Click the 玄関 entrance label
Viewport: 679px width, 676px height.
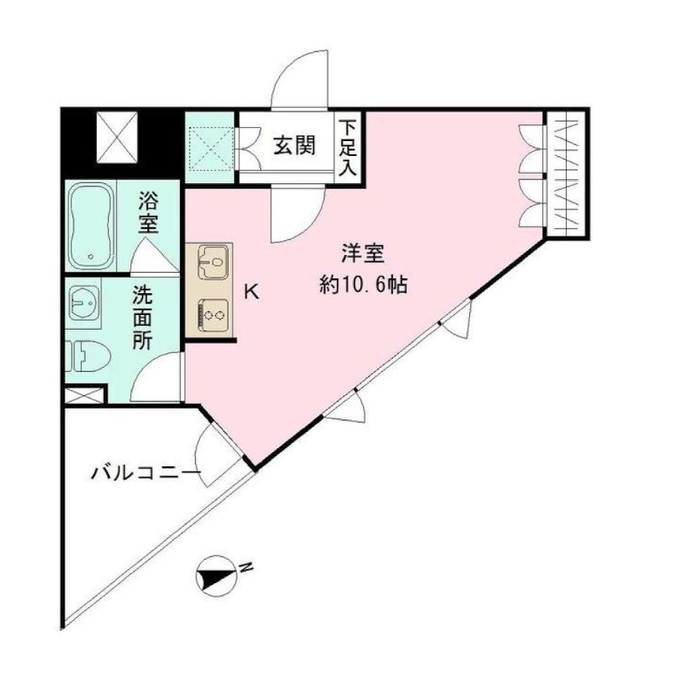click(x=293, y=146)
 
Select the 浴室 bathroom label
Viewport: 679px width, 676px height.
click(x=148, y=212)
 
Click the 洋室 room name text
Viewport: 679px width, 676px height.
click(x=362, y=255)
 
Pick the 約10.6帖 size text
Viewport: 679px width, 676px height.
click(x=362, y=285)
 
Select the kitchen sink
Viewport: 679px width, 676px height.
click(x=210, y=262)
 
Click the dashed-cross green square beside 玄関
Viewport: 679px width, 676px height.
click(x=210, y=147)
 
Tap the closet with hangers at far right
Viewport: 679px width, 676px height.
click(x=564, y=172)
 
